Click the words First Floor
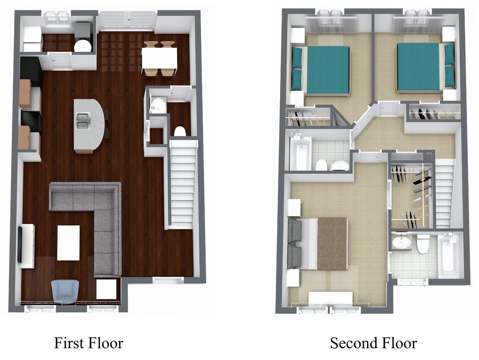click(x=89, y=343)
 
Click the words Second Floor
click(x=373, y=343)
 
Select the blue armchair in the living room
click(x=65, y=292)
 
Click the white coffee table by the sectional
click(x=68, y=243)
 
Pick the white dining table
click(x=159, y=58)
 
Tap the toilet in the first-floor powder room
click(x=180, y=131)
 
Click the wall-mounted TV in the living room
click(x=20, y=244)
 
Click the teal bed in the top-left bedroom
click(x=320, y=70)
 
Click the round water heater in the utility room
click(x=83, y=46)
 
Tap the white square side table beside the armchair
click(x=107, y=289)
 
